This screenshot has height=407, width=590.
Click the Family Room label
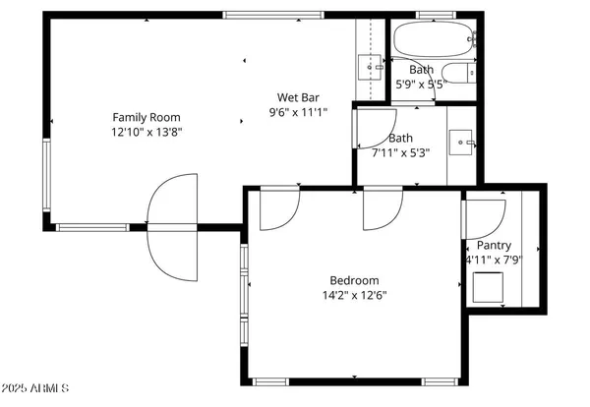pyautogui.click(x=147, y=116)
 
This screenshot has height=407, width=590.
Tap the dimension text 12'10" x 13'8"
pyautogui.click(x=147, y=131)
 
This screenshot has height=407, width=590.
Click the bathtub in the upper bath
pyautogui.click(x=432, y=40)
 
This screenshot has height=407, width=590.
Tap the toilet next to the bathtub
pyautogui.click(x=458, y=72)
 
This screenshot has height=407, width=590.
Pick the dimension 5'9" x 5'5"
pyautogui.click(x=421, y=85)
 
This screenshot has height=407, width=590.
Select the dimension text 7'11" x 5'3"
pyautogui.click(x=400, y=152)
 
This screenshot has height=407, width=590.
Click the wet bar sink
pyautogui.click(x=370, y=67)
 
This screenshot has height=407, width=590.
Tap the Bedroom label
pyautogui.click(x=353, y=278)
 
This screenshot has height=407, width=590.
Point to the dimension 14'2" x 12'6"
pyautogui.click(x=353, y=294)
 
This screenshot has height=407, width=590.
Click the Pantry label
pyautogui.click(x=494, y=245)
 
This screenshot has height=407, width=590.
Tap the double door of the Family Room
pyautogui.click(x=172, y=226)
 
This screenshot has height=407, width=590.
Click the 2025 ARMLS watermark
pyautogui.click(x=35, y=389)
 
